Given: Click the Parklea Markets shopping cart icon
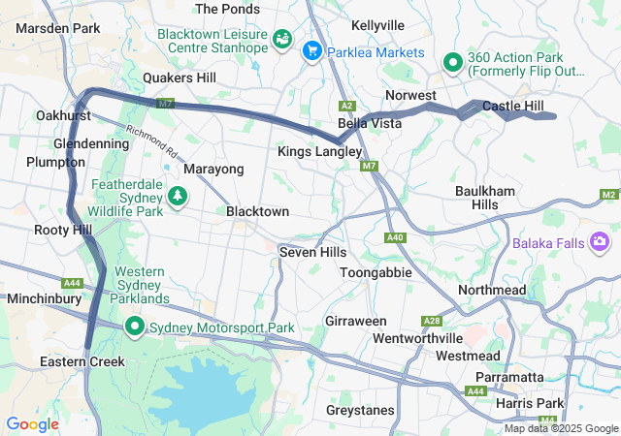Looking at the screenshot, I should tap(312, 51).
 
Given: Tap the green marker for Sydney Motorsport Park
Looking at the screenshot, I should tap(135, 327).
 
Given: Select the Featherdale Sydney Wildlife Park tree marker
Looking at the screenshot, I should tap(178, 197).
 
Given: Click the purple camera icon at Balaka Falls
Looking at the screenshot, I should tap(600, 239).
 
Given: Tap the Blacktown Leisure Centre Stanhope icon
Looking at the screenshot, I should tap(282, 40).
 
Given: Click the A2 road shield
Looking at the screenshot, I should tap(347, 106).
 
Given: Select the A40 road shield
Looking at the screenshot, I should tap(395, 237).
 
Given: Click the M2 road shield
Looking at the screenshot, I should tap(608, 195).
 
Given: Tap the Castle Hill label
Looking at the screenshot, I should tap(513, 106).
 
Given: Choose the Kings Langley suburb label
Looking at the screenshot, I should tap(319, 152).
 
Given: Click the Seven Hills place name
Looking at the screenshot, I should tap(312, 252).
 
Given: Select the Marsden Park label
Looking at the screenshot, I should tap(58, 28).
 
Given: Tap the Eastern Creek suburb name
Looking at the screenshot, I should tap(82, 361).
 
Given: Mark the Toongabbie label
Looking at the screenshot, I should tap(376, 273).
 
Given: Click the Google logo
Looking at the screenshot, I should tap(32, 423).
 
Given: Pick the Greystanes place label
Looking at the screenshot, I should tap(360, 410).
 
